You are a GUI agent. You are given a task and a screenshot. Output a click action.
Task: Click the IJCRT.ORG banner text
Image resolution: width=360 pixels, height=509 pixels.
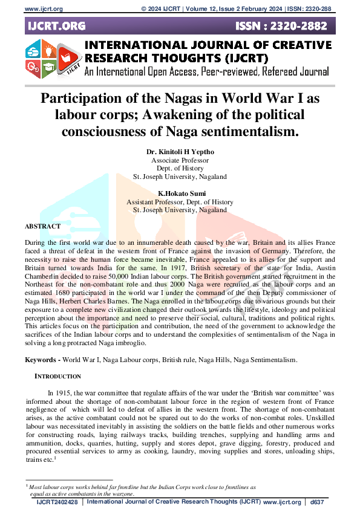[x=56, y=26]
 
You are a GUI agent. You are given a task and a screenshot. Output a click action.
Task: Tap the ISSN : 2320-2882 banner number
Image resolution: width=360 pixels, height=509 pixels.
[x=283, y=26]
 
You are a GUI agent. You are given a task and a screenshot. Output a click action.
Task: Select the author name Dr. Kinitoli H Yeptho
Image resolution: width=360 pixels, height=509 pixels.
[x=180, y=152]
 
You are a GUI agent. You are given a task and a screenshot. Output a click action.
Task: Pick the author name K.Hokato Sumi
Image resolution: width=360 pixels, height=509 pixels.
[x=180, y=193]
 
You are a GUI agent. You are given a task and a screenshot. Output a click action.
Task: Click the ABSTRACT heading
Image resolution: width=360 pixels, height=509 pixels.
[x=42, y=225]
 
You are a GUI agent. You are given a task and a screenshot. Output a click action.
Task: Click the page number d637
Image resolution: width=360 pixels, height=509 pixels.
[x=318, y=502]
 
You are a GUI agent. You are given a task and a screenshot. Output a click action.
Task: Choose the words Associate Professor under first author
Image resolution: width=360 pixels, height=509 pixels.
[x=180, y=160]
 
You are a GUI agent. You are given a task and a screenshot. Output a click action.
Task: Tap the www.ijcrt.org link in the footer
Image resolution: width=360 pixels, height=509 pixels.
[x=282, y=502]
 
